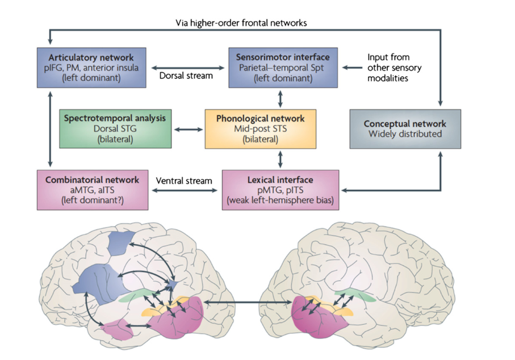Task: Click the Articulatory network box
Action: (91, 67)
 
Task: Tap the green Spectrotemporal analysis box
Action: (115, 128)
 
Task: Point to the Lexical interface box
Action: (280, 189)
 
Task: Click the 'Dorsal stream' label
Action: (186, 75)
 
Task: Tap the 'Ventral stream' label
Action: (183, 181)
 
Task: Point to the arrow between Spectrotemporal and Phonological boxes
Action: (188, 129)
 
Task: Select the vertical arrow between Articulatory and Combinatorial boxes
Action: (51, 128)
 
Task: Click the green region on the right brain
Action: (355, 295)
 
